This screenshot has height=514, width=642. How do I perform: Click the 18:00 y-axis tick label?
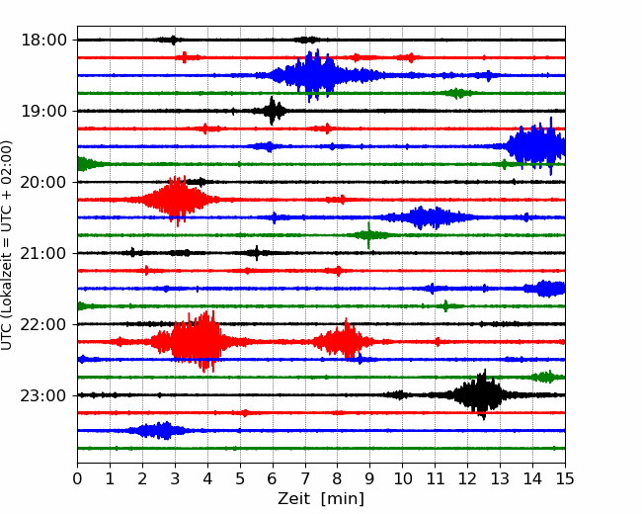point(43,41)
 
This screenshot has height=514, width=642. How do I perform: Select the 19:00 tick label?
point(43,111)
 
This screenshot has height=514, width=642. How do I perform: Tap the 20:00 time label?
point(43,182)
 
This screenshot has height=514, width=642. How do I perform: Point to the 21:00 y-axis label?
point(43,253)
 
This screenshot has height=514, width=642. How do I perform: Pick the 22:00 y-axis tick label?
point(43,324)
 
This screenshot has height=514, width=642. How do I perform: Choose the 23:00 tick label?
point(43,395)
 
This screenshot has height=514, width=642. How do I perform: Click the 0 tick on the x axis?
point(77,478)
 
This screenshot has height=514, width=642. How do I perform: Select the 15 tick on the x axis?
point(565,478)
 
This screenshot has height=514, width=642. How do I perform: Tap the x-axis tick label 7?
point(305,478)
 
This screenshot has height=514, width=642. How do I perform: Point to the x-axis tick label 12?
point(467,478)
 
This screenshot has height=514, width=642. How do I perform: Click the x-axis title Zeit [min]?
point(321,499)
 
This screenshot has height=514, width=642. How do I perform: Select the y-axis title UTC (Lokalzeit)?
point(6,245)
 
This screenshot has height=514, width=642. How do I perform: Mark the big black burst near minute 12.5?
point(481,394)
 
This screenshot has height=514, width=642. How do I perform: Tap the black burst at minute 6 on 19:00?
point(272,111)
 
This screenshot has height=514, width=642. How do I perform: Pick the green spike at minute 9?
point(369,235)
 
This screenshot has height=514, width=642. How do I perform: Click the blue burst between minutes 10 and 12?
point(428,217)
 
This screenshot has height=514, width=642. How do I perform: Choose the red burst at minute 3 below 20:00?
point(176,200)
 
